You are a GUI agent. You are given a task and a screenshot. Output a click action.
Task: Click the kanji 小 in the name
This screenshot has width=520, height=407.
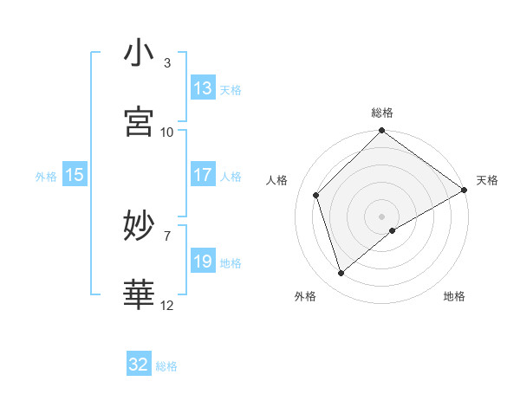(x=139, y=54)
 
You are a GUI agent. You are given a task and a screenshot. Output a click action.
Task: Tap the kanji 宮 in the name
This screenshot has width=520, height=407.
(x=139, y=122)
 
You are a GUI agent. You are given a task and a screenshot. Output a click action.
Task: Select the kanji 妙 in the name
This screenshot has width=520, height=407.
(x=139, y=226)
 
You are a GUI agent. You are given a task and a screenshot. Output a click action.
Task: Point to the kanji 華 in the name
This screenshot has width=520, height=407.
(x=139, y=294)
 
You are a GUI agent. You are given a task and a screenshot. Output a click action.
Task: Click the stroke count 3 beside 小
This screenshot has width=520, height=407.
(x=167, y=63)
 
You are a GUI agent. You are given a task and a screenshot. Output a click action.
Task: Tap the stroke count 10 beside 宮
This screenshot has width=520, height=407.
(x=167, y=132)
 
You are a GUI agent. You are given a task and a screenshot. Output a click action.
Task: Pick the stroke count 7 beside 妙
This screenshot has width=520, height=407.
(x=167, y=236)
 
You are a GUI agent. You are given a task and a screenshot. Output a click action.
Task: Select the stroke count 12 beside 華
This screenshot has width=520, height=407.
(x=167, y=305)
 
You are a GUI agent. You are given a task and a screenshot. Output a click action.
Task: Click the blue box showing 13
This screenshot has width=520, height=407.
(x=203, y=88)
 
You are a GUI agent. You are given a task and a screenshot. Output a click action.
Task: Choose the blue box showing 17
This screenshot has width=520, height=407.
(x=203, y=175)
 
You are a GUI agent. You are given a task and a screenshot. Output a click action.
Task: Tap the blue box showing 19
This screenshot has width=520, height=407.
(x=203, y=262)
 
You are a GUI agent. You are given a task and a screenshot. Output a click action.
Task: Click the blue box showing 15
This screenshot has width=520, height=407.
(x=75, y=175)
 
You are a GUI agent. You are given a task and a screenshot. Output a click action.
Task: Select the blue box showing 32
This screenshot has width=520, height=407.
(x=139, y=365)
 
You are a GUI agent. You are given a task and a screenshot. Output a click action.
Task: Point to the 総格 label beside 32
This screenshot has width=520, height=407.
(x=166, y=366)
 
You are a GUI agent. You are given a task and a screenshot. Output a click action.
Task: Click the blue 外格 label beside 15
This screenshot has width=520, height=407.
(x=46, y=177)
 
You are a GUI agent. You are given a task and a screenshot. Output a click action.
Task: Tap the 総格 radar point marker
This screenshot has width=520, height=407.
(x=381, y=132)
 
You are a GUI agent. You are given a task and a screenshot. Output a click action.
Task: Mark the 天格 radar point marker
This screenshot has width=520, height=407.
(x=464, y=191)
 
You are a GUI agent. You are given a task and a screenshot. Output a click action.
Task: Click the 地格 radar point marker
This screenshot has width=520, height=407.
(x=393, y=230)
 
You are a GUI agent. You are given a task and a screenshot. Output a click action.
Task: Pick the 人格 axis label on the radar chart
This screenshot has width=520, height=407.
(x=277, y=180)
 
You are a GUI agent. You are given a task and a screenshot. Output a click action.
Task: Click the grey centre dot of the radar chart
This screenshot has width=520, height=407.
(x=381, y=216)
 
